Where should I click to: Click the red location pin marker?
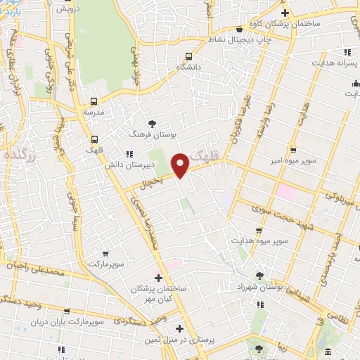coord(181,165)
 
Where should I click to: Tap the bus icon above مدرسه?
coord(94,101)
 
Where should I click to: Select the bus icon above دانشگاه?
coord(188,57)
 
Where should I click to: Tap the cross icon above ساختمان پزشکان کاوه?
coord(285,13)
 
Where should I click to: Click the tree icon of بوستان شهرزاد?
coord(260,276)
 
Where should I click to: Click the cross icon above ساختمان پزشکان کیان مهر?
coord(158,277)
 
